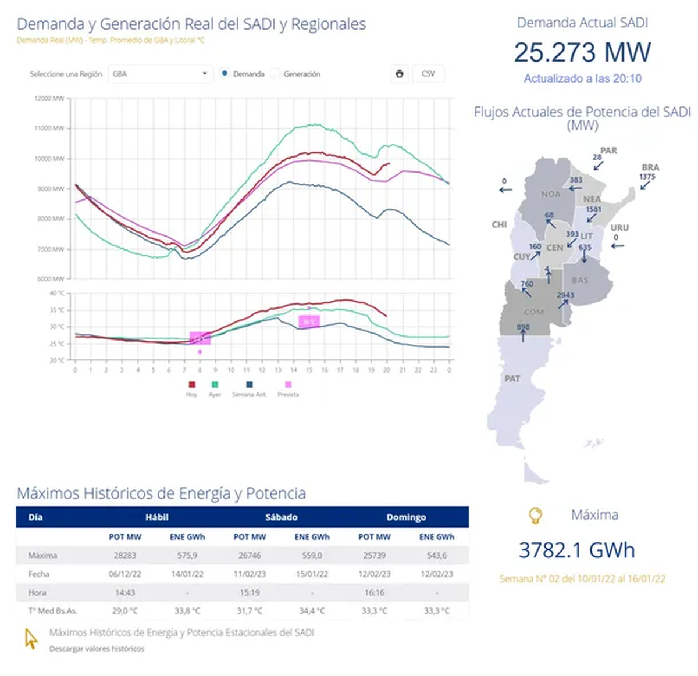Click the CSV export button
click(x=428, y=74)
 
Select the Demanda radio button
click(x=225, y=74)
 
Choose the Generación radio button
click(x=276, y=74)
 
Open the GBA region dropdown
click(x=160, y=74)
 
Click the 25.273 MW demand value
click(x=582, y=52)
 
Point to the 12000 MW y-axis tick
click(x=49, y=98)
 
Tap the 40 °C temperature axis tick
click(x=57, y=293)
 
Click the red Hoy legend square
click(x=191, y=384)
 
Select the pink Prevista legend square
click(x=288, y=384)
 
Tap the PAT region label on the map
click(x=512, y=378)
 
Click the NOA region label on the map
click(x=551, y=194)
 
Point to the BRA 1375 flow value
click(x=647, y=177)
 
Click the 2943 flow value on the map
click(x=565, y=295)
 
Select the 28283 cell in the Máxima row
click(x=125, y=555)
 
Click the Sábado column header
click(x=281, y=517)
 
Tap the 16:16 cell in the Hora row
click(x=374, y=592)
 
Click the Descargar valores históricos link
click(x=97, y=648)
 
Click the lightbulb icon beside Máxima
click(x=535, y=515)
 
